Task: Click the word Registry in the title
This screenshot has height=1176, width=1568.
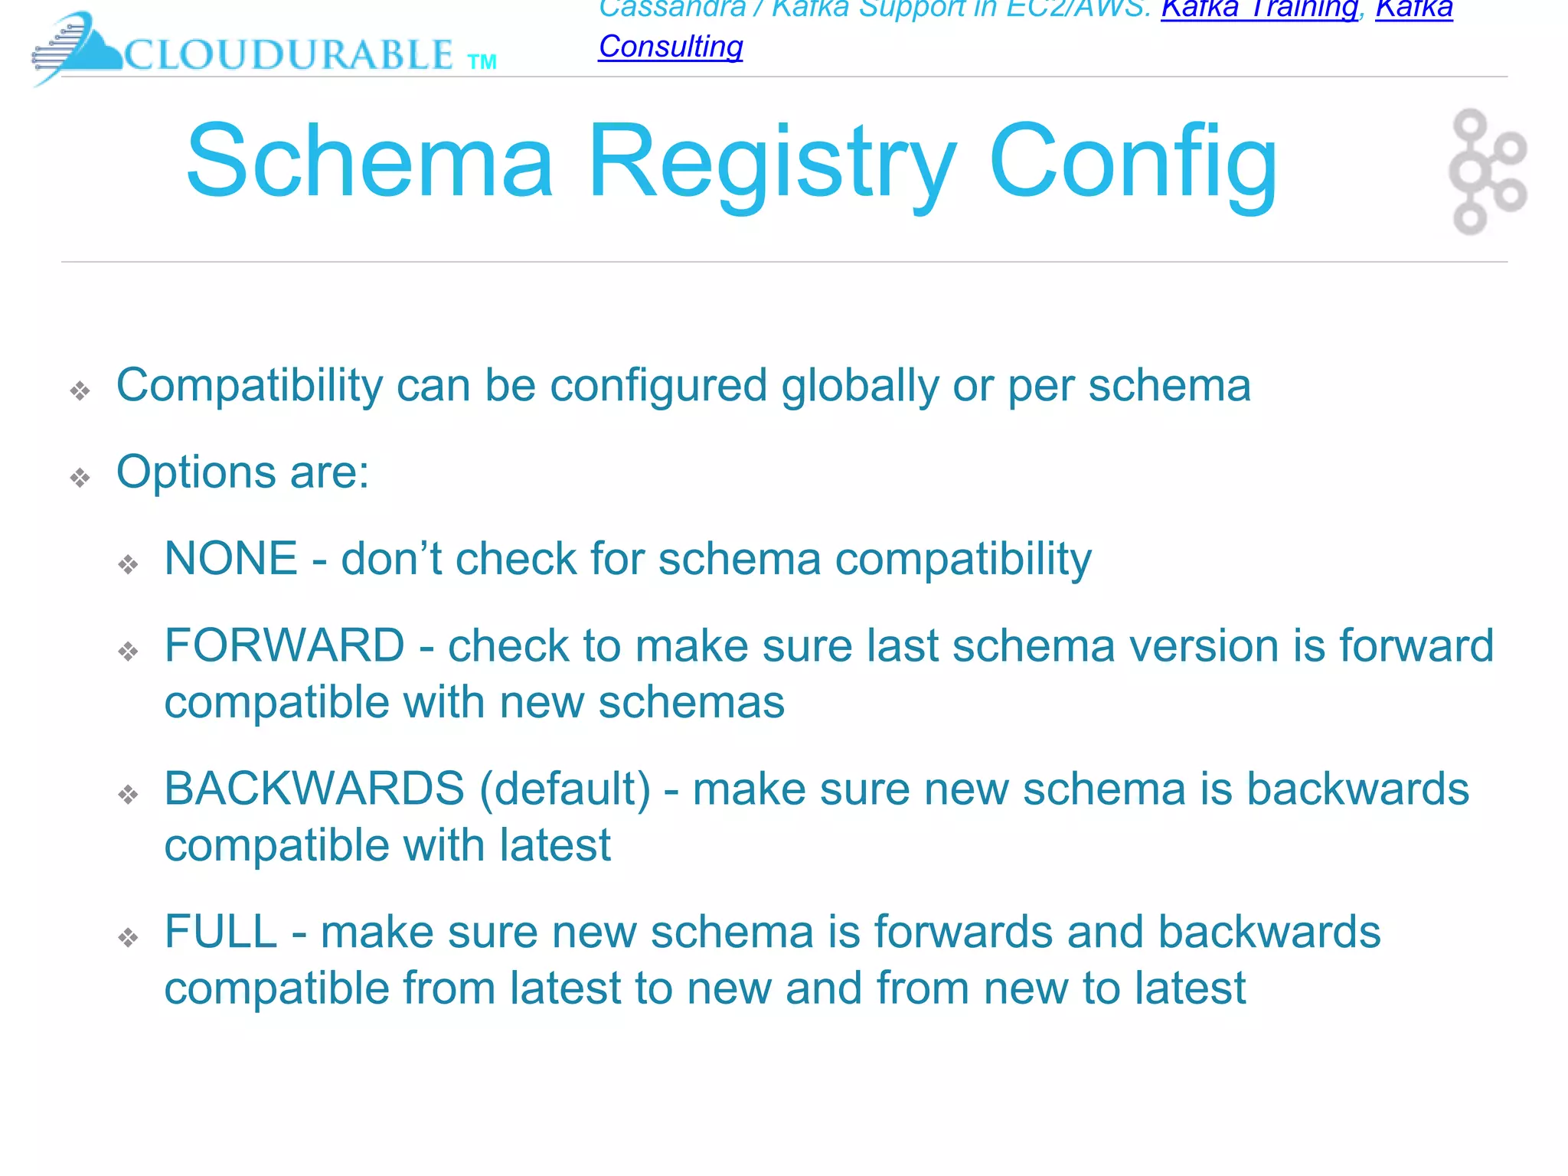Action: [772, 162]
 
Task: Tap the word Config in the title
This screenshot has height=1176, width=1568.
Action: [1132, 162]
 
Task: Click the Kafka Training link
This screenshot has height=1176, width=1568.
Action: [1259, 9]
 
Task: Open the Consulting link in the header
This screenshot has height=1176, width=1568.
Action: [671, 47]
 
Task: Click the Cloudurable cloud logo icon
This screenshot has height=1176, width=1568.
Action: [77, 47]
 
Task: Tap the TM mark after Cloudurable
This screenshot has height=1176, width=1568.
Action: [482, 62]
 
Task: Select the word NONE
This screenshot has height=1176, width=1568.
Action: [230, 558]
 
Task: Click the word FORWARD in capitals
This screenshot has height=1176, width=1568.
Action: [284, 645]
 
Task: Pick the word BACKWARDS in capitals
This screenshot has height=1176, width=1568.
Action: [314, 789]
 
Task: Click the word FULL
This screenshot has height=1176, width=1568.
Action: [220, 932]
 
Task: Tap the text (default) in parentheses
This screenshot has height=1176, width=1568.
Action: [565, 789]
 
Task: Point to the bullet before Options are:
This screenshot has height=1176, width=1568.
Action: [80, 479]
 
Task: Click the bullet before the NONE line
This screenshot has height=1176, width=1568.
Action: [128, 565]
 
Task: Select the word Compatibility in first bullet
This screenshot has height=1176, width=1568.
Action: [249, 385]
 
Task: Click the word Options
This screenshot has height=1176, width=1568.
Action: [195, 472]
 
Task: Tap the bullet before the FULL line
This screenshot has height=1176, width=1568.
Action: [128, 938]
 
